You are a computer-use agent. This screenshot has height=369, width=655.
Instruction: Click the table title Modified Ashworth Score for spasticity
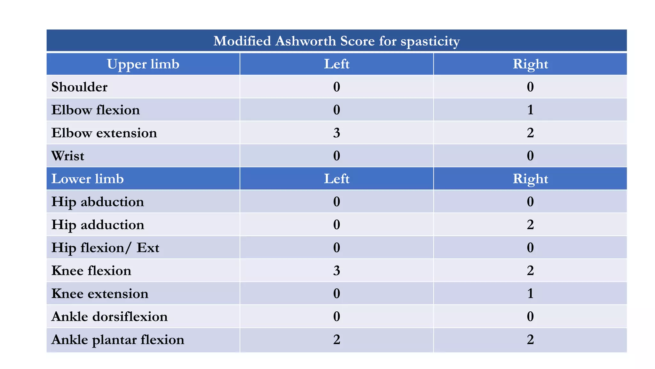pyautogui.click(x=336, y=41)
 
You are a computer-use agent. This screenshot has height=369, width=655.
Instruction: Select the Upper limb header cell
pyautogui.click(x=143, y=64)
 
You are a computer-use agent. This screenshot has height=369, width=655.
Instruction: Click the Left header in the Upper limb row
pyautogui.click(x=336, y=64)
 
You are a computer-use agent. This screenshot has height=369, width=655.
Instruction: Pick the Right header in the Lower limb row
pyautogui.click(x=530, y=179)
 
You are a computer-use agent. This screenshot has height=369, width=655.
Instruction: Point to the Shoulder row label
pyautogui.click(x=79, y=87)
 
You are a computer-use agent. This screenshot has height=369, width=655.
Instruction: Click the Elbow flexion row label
pyautogui.click(x=95, y=110)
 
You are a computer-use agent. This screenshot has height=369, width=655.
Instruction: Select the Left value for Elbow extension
pyautogui.click(x=336, y=133)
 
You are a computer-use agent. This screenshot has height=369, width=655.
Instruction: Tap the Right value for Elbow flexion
pyautogui.click(x=530, y=110)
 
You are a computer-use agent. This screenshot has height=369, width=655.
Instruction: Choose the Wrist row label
pyautogui.click(x=67, y=156)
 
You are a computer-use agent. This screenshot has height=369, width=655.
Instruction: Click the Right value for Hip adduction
pyautogui.click(x=530, y=225)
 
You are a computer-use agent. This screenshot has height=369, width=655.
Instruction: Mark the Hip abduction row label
pyautogui.click(x=98, y=202)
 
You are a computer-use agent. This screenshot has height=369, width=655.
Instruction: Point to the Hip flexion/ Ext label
pyautogui.click(x=105, y=248)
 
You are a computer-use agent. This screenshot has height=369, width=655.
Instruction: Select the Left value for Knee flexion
pyautogui.click(x=336, y=271)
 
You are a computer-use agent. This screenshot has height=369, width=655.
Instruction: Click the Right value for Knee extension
pyautogui.click(x=530, y=293)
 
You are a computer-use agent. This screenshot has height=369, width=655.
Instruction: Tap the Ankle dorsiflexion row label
pyautogui.click(x=109, y=316)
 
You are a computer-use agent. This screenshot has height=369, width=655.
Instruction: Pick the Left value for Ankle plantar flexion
pyautogui.click(x=336, y=340)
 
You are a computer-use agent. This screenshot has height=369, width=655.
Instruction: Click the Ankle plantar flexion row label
pyautogui.click(x=118, y=340)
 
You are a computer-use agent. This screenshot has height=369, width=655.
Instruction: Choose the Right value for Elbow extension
pyautogui.click(x=530, y=133)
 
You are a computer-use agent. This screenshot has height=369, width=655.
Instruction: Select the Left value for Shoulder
pyautogui.click(x=336, y=87)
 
